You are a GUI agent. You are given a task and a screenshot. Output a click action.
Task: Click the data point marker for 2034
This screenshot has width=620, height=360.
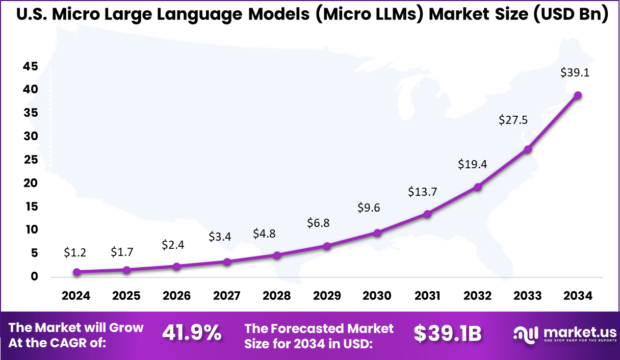tap(578, 95)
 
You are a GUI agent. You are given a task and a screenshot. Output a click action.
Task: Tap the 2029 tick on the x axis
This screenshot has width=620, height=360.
tap(327, 296)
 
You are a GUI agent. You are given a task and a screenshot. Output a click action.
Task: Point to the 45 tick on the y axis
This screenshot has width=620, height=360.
tap(30, 66)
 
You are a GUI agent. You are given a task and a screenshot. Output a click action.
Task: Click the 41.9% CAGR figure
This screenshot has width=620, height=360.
tap(192, 333)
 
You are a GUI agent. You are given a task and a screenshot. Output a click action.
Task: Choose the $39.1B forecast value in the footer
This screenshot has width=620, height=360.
tap(447, 333)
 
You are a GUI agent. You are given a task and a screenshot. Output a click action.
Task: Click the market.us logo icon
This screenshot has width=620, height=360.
tap(526, 335)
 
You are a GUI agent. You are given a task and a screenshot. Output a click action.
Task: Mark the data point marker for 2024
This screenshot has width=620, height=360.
tap(76, 272)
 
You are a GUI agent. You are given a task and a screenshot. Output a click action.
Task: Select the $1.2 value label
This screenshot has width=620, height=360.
tap(76, 252)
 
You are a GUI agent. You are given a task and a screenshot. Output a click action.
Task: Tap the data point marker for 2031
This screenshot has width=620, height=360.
tap(427, 214)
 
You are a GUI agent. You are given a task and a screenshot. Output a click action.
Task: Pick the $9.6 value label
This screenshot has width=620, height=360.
tap(368, 208)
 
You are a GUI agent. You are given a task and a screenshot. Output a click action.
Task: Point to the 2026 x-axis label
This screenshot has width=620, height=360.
tap(176, 296)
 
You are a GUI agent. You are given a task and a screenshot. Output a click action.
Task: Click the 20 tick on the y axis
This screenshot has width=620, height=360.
tap(30, 183)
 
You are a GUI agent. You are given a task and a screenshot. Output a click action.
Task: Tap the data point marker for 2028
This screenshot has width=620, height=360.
tap(277, 255)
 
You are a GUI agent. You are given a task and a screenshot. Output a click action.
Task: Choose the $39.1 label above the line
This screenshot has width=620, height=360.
tap(575, 73)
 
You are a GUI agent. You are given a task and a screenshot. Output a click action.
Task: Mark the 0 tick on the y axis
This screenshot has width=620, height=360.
tap(34, 277)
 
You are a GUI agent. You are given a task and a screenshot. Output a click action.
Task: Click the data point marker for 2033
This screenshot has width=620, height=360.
tap(528, 149)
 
